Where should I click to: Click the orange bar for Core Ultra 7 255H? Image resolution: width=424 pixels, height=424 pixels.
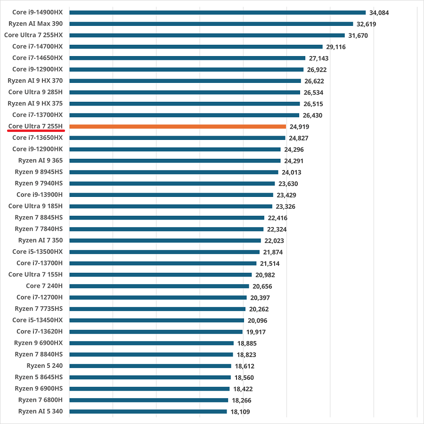pyautogui.click(x=178, y=126)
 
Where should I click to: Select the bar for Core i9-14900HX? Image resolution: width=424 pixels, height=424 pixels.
pyautogui.click(x=217, y=12)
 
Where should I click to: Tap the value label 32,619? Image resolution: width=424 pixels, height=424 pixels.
pyautogui.click(x=366, y=24)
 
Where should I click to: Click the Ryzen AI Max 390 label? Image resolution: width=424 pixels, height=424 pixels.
pyautogui.click(x=35, y=24)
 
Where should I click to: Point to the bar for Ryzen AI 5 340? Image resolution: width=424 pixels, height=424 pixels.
pyautogui.click(x=148, y=411)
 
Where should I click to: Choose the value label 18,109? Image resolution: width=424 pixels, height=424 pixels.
pyautogui.click(x=240, y=412)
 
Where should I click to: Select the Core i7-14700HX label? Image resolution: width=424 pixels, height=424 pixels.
pyautogui.click(x=37, y=46)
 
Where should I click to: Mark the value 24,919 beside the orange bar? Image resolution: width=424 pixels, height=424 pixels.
pyautogui.click(x=299, y=127)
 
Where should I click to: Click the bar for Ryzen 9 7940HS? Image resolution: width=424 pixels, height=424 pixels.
pyautogui.click(x=172, y=183)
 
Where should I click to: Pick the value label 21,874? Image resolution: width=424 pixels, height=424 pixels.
pyautogui.click(x=273, y=252)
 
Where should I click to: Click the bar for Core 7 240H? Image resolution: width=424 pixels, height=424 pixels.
pyautogui.click(x=159, y=286)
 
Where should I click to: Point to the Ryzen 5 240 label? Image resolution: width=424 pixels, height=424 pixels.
pyautogui.click(x=44, y=366)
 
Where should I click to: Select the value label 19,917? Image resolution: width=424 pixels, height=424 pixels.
pyautogui.click(x=255, y=332)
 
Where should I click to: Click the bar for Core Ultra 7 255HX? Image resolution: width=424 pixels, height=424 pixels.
pyautogui.click(x=207, y=35)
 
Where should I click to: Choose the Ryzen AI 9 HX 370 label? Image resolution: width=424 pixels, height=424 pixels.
pyautogui.click(x=35, y=81)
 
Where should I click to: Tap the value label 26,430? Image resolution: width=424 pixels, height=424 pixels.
pyautogui.click(x=312, y=115)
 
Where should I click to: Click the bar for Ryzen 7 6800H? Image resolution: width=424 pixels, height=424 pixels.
pyautogui.click(x=148, y=400)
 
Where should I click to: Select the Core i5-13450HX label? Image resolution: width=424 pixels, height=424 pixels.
pyautogui.click(x=37, y=320)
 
